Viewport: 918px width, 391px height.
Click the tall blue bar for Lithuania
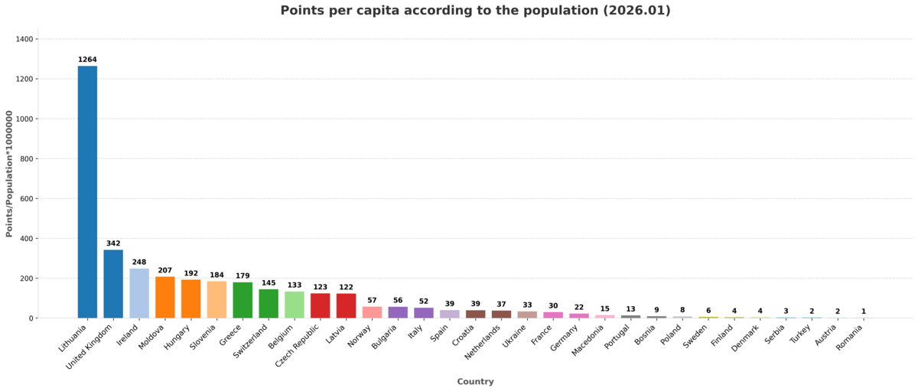pyautogui.click(x=87, y=191)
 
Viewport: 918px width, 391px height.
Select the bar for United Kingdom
pyautogui.click(x=113, y=284)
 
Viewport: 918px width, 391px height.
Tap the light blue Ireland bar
pyautogui.click(x=139, y=293)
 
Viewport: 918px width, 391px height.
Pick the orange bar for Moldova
pyautogui.click(x=165, y=298)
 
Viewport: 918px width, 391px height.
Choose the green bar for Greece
pyautogui.click(x=243, y=300)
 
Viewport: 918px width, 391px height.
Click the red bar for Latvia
pyautogui.click(x=346, y=306)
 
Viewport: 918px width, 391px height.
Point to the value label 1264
pyautogui.click(x=87, y=60)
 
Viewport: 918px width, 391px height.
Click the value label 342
pyautogui.click(x=113, y=243)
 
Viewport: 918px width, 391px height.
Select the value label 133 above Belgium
pyautogui.click(x=295, y=285)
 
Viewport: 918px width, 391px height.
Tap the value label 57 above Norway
pyautogui.click(x=372, y=301)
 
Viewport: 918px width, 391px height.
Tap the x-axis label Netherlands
pyautogui.click(x=484, y=342)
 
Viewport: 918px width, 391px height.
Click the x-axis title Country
pyautogui.click(x=475, y=382)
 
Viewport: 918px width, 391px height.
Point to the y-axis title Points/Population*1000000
pyautogui.click(x=10, y=173)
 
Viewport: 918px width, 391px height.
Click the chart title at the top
pyautogui.click(x=475, y=11)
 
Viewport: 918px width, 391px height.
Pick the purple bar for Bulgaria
pyautogui.click(x=398, y=312)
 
